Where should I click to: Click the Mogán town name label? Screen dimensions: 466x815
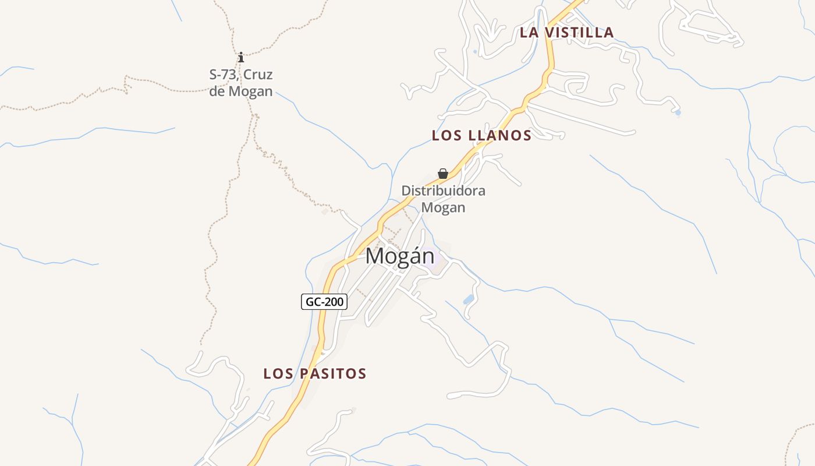(400, 256)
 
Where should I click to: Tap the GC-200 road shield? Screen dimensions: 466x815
(324, 302)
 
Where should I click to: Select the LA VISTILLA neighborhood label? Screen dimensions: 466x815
(566, 33)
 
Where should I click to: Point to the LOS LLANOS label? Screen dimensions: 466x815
(481, 136)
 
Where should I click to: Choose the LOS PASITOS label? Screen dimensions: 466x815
(315, 373)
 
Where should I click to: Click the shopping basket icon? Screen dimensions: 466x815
(443, 174)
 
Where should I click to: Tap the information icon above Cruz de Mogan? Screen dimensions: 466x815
(241, 57)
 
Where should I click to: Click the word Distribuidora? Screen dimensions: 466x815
(443, 190)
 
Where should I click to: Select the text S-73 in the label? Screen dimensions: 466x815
(223, 75)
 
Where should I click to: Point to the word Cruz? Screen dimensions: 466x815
(258, 75)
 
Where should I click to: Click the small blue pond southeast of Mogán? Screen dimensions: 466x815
(468, 300)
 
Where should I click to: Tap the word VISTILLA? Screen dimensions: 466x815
(579, 33)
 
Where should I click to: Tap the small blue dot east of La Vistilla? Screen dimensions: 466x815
(678, 112)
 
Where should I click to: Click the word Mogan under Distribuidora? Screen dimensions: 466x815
(443, 207)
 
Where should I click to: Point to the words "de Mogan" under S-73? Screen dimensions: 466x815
(241, 91)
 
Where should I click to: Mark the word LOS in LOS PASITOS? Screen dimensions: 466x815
(277, 373)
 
